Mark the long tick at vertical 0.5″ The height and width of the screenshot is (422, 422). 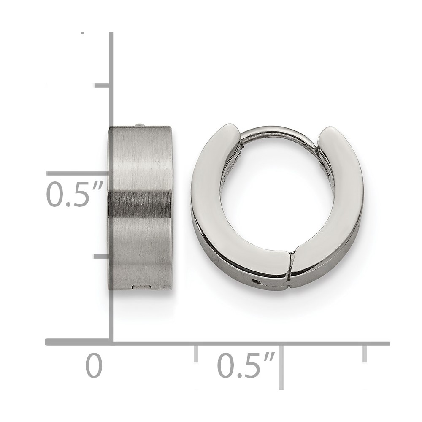78,173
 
